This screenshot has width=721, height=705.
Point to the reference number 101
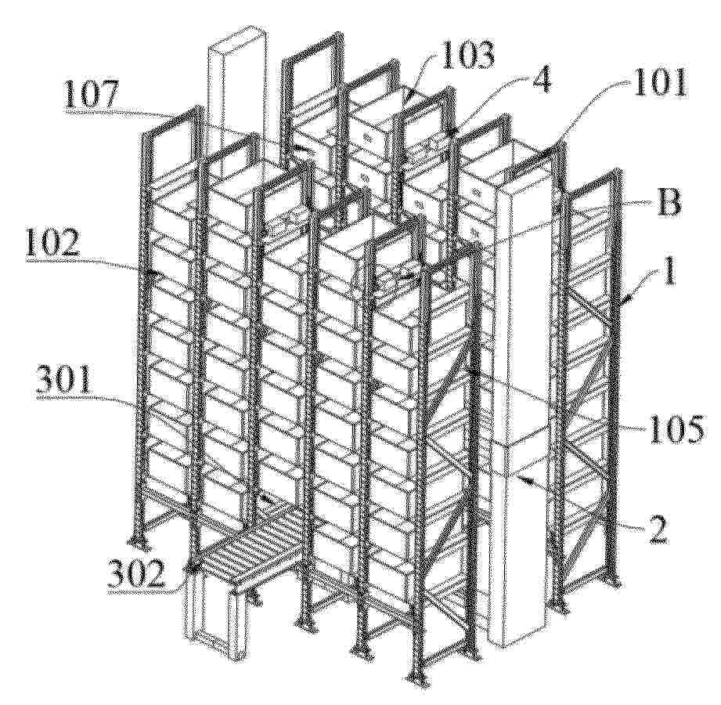[659, 82]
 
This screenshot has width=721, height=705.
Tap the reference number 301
[64, 381]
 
